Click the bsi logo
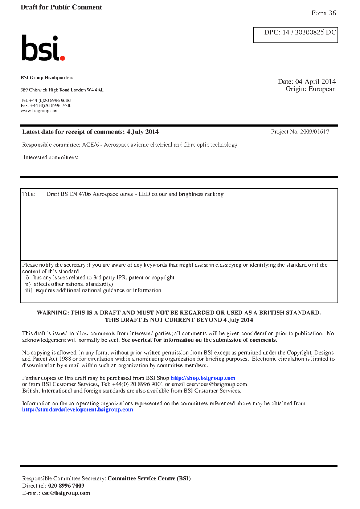(x=43, y=48)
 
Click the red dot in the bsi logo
(x=62, y=58)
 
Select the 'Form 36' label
(x=323, y=13)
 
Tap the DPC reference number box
(x=295, y=35)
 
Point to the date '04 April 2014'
(x=315, y=82)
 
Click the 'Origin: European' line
(x=310, y=89)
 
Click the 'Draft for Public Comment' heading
(x=61, y=7)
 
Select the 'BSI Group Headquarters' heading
(x=47, y=78)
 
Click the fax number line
(x=46, y=106)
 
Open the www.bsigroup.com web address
(x=39, y=111)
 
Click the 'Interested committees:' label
(x=51, y=157)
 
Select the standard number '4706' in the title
(x=85, y=194)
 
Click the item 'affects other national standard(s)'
(x=73, y=284)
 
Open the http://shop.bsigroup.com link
(x=203, y=378)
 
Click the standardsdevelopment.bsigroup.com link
(x=77, y=410)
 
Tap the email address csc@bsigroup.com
(x=66, y=493)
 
